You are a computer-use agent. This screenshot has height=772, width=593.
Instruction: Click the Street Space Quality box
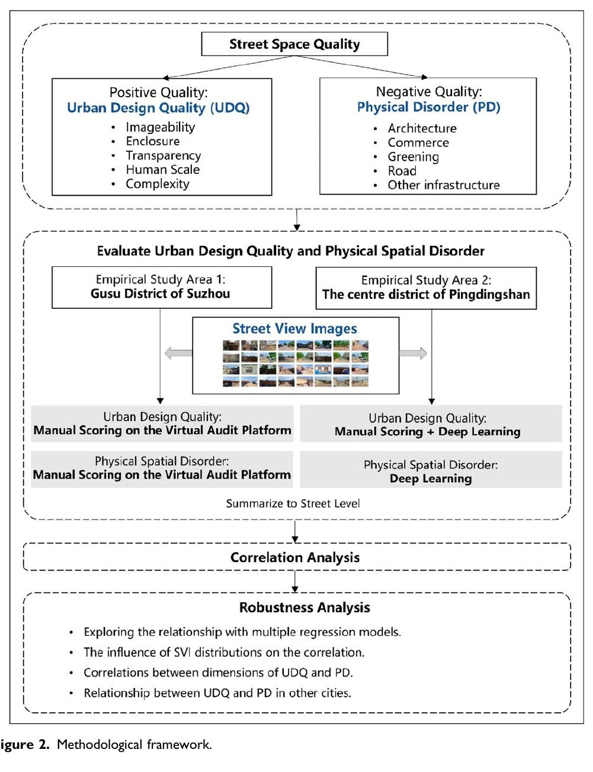tap(294, 44)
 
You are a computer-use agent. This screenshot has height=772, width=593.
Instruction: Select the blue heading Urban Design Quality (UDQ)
tap(158, 108)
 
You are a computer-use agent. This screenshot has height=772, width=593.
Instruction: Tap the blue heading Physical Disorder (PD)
tap(429, 107)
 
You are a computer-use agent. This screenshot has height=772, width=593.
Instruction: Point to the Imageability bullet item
tap(161, 127)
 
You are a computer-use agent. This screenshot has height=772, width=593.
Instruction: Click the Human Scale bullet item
tap(162, 170)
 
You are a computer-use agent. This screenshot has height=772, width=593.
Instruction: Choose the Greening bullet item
tap(413, 157)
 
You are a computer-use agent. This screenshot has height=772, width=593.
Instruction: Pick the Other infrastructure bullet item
tap(444, 185)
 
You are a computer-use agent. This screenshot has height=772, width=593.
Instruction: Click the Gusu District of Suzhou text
tap(160, 294)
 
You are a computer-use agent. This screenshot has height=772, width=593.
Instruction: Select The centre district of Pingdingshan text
tap(426, 294)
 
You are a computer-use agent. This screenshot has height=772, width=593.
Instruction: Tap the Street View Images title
tap(294, 328)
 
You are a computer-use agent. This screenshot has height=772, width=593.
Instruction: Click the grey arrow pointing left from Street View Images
tap(178, 353)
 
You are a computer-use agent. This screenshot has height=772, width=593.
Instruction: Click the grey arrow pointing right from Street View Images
tap(413, 353)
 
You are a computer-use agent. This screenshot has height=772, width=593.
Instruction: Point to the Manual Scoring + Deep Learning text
tap(428, 431)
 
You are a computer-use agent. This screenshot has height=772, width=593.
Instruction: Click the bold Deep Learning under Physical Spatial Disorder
tap(431, 478)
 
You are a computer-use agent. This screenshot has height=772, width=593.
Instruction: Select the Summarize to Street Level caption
tap(293, 503)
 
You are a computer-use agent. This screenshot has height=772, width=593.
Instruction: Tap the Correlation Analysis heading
tap(295, 557)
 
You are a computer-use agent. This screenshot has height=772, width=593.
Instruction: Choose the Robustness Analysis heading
tap(304, 608)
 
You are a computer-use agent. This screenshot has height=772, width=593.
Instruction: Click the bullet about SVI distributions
tap(224, 652)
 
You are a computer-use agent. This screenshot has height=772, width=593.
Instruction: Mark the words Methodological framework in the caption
tap(134, 744)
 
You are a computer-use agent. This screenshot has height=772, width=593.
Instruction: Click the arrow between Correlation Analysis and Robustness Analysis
tap(294, 582)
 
